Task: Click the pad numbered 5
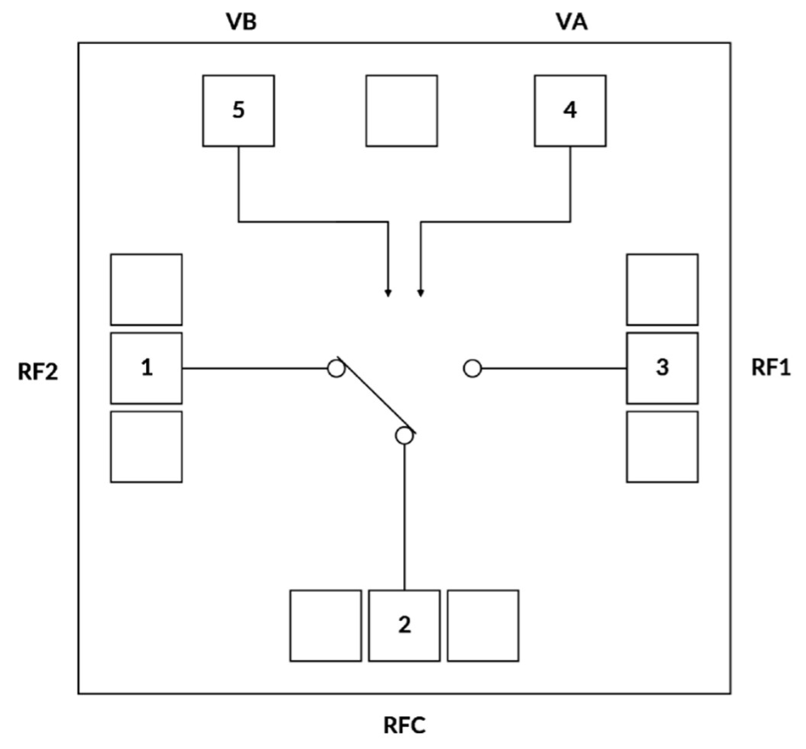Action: point(239,111)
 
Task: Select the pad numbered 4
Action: point(570,111)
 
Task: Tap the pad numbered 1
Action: point(147,367)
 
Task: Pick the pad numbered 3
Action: point(662,367)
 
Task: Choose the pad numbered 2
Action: point(404,625)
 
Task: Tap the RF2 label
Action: point(38,369)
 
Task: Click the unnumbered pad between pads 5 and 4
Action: point(401,111)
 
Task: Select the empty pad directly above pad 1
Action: point(147,289)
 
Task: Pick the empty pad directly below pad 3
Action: point(662,446)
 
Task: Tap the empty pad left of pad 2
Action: point(326,625)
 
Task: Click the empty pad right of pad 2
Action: point(483,625)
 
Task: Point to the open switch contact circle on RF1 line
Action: point(473,368)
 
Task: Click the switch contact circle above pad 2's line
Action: point(404,435)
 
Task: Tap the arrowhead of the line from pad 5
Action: point(387,291)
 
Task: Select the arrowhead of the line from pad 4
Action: point(420,291)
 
